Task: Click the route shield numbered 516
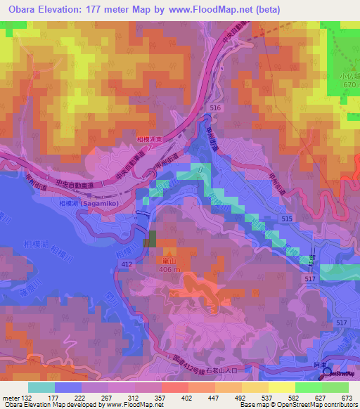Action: click(x=214, y=107)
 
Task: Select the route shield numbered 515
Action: click(x=286, y=220)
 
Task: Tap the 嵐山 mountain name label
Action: click(x=169, y=259)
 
